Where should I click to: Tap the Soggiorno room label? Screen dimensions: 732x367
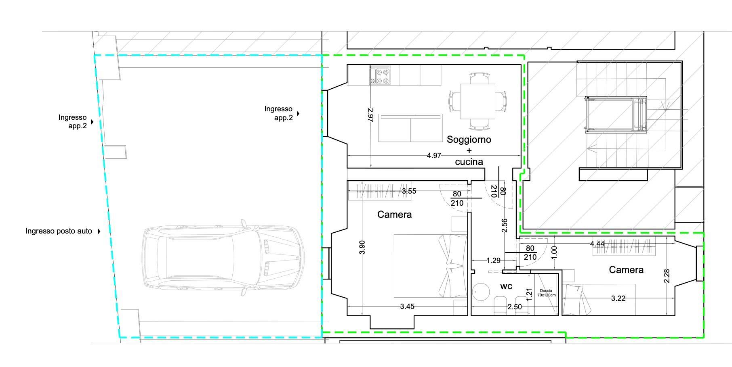(469, 140)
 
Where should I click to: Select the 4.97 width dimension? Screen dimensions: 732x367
(434, 155)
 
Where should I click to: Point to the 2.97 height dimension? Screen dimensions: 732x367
(371, 115)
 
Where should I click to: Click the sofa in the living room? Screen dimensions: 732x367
(410, 128)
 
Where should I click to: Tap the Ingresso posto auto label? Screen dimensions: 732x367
(59, 231)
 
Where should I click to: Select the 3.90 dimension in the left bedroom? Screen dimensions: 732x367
(362, 247)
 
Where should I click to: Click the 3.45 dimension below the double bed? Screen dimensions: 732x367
(407, 307)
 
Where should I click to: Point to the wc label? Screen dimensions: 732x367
(506, 286)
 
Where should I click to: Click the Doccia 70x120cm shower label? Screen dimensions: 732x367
(546, 293)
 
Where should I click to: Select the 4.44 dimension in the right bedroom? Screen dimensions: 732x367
(597, 244)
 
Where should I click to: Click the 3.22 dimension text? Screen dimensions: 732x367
(618, 298)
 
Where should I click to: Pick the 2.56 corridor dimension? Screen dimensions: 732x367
(504, 225)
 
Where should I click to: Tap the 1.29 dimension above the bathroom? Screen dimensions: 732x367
(494, 261)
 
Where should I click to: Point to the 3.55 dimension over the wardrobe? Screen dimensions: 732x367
(409, 191)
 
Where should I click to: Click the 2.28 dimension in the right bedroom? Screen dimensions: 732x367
(667, 276)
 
